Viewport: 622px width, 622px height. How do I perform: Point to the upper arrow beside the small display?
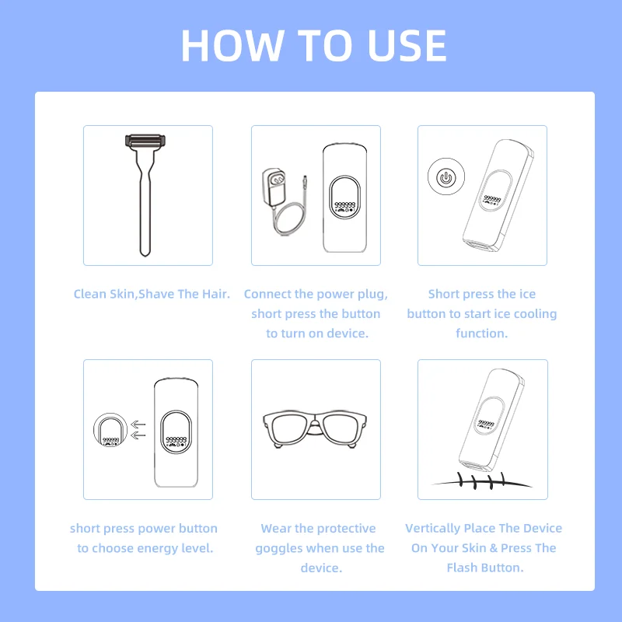coord(138,425)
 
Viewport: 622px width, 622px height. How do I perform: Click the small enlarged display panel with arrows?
coord(110,432)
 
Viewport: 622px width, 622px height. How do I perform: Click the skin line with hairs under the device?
coord(482,482)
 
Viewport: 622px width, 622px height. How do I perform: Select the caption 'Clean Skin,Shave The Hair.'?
coord(152,294)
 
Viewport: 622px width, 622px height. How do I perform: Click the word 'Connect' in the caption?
coord(268,294)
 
